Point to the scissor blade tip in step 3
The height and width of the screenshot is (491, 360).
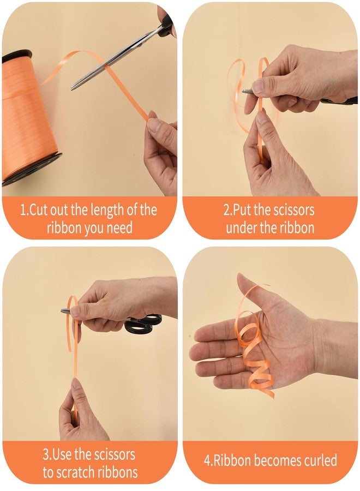[62, 310]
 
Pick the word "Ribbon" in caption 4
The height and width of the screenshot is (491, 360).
[231, 460]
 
